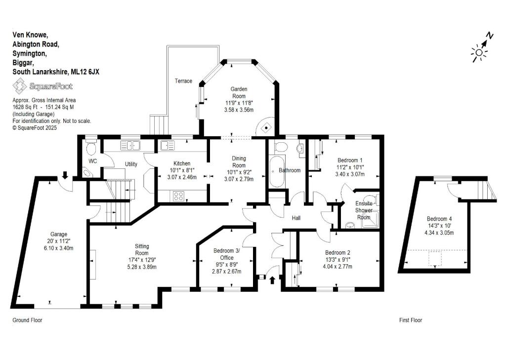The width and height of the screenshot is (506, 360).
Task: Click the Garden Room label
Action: click(x=239, y=92)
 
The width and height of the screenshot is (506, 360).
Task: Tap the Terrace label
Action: click(x=183, y=81)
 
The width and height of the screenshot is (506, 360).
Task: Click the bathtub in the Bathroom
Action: click(x=277, y=171)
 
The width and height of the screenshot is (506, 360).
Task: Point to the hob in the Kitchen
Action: click(x=178, y=196)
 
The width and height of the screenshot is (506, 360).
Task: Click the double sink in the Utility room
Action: click(x=130, y=146)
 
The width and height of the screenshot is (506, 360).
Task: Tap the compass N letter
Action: click(x=490, y=36)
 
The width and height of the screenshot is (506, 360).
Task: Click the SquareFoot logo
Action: click(x=42, y=86)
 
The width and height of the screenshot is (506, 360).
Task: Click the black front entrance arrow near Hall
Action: click(x=272, y=280)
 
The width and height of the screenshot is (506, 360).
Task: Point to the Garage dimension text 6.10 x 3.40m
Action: click(x=58, y=248)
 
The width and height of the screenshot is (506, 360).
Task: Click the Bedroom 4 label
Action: click(x=439, y=219)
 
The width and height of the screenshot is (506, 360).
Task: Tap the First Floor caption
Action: click(x=411, y=320)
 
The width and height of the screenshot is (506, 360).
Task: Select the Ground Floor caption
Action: click(x=28, y=320)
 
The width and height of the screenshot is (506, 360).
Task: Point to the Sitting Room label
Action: click(x=142, y=250)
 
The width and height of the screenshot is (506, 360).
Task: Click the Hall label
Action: click(x=296, y=218)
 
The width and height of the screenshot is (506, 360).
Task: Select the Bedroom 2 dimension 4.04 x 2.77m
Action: click(x=337, y=267)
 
